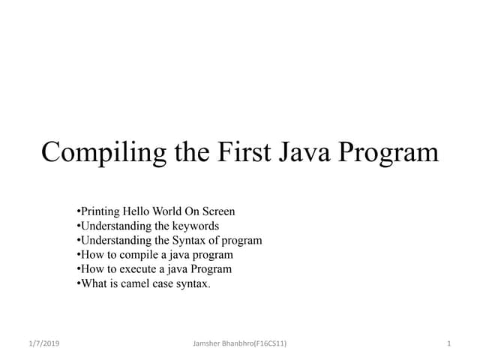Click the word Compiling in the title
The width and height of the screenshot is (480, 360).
pos(94,152)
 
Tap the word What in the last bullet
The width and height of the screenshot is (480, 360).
pos(93,283)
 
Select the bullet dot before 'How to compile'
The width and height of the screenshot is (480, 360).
pos(79,255)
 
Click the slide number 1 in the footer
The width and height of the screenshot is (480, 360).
pos(448,343)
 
